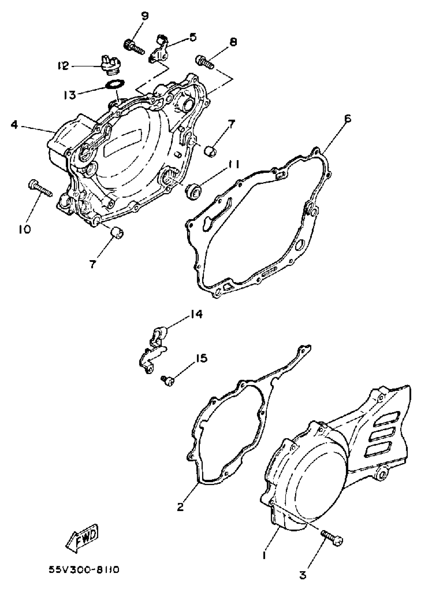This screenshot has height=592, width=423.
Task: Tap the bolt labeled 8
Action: (x=205, y=61)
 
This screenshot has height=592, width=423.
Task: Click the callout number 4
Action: (x=14, y=125)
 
